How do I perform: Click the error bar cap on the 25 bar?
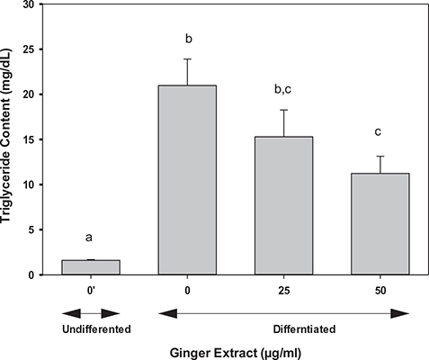point(284,110)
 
